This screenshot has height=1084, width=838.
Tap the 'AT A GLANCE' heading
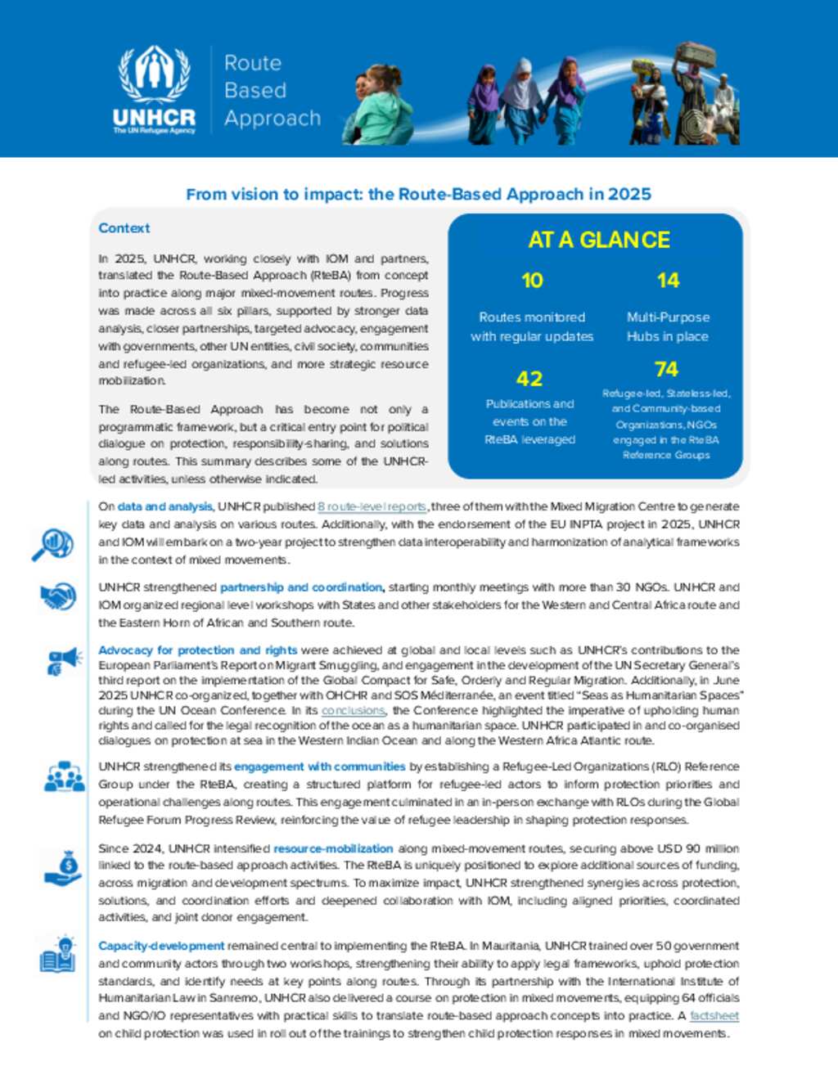(599, 240)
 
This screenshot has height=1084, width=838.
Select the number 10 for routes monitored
(532, 281)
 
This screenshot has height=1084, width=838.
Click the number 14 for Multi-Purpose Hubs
(668, 281)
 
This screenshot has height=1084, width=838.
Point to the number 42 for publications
(529, 379)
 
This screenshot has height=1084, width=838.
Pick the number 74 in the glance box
(666, 370)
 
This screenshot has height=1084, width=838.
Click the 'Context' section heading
(124, 228)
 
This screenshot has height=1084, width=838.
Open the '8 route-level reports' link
(372, 506)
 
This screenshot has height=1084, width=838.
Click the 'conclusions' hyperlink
(353, 710)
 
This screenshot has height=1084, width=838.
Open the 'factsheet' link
(714, 1015)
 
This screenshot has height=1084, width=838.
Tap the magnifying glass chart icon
(52, 545)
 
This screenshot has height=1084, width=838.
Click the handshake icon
(58, 596)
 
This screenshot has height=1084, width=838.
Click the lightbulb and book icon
(57, 955)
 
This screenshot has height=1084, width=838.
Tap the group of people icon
(64, 776)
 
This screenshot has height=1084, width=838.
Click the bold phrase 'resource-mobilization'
(333, 848)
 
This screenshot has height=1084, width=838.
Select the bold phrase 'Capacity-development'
(161, 946)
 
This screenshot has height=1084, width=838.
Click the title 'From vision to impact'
(418, 194)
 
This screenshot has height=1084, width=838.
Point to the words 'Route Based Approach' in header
(272, 91)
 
